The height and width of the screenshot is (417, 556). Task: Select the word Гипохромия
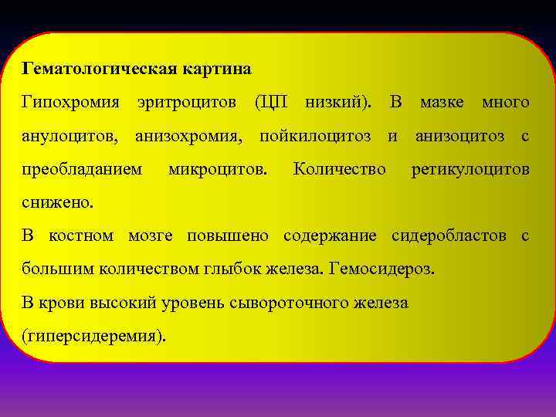(x=71, y=102)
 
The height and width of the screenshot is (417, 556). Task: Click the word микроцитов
(x=219, y=169)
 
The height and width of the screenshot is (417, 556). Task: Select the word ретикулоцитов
(x=470, y=169)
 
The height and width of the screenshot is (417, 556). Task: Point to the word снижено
(x=58, y=202)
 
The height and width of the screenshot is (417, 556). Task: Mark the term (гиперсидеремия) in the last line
(x=93, y=336)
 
